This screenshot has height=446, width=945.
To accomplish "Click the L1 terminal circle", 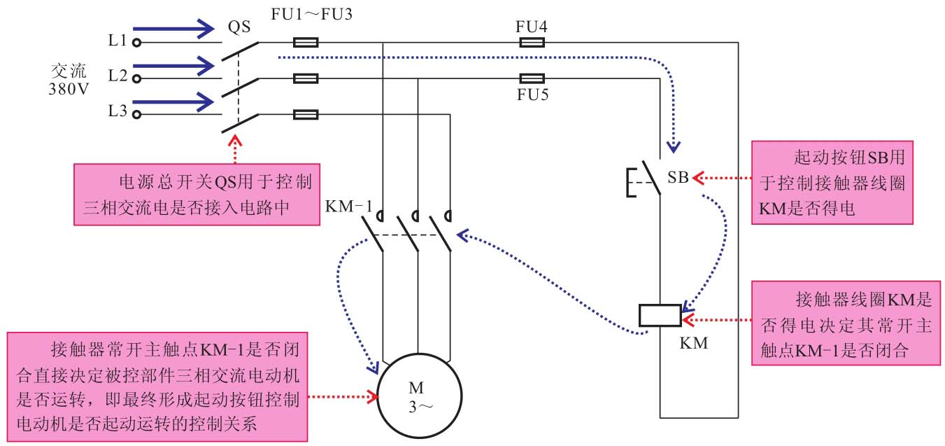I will click(137, 43).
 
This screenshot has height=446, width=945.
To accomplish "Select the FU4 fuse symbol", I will click(533, 43).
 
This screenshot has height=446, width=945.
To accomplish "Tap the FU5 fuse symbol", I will click(533, 78).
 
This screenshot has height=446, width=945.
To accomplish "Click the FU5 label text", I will click(532, 95).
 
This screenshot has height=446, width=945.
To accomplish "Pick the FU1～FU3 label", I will click(306, 15).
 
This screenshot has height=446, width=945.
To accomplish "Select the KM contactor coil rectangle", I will click(660, 316).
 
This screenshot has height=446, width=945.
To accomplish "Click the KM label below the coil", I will click(693, 344).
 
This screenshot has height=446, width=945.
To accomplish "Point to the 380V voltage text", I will click(69, 90).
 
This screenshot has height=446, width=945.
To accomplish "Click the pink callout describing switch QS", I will click(197, 194).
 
